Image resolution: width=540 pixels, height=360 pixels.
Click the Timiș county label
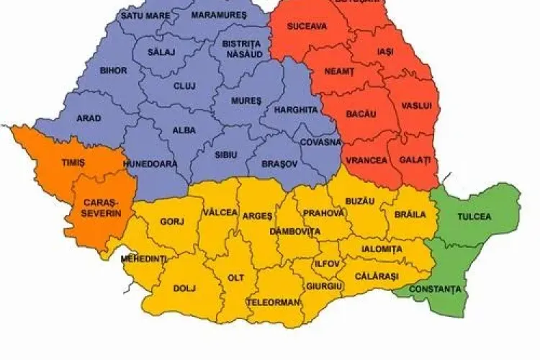(73, 163)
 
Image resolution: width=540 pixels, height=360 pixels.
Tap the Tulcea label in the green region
(474, 216)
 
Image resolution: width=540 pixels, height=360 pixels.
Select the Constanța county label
(435, 289)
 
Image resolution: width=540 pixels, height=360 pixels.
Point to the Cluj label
(184, 86)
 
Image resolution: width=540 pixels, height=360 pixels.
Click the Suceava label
(307, 27)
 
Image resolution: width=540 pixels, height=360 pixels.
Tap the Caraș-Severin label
(102, 208)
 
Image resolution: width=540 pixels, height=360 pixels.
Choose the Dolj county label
(184, 288)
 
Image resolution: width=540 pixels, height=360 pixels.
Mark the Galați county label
(415, 159)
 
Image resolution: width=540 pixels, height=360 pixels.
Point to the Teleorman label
(273, 302)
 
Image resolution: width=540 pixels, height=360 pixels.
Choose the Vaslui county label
(417, 106)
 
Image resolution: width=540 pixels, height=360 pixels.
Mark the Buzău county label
(360, 201)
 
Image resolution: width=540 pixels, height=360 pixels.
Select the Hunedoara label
(150, 163)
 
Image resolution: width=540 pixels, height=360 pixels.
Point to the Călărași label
(376, 276)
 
